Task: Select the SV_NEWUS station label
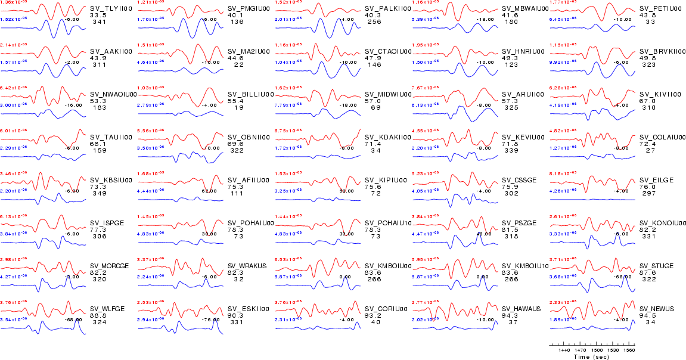(656, 309)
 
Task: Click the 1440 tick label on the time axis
(564, 350)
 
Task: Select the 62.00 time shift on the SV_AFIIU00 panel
(209, 191)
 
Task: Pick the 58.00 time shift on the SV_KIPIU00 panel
(346, 191)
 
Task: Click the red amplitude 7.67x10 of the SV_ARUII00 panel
(425, 88)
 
